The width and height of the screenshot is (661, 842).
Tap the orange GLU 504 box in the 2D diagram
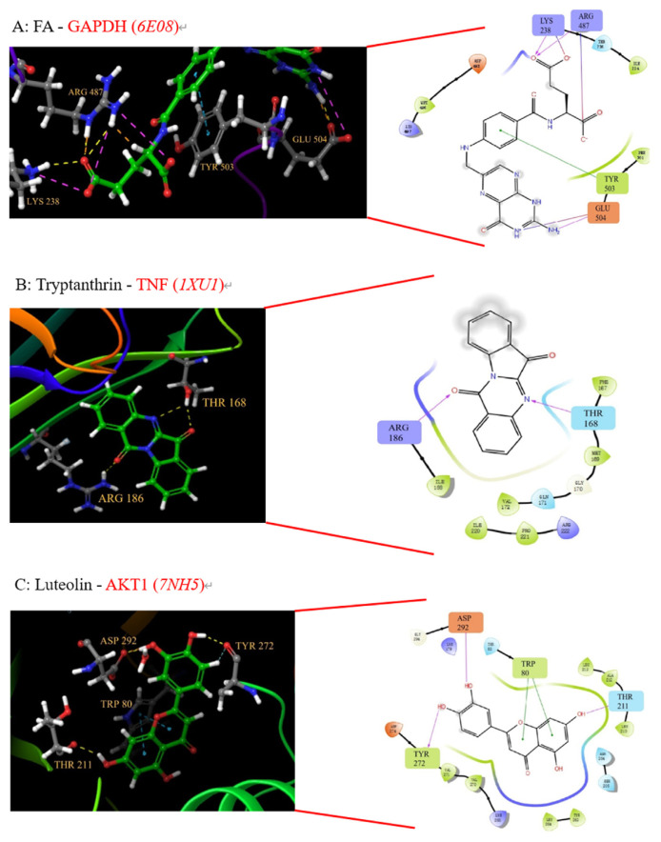pos(599,210)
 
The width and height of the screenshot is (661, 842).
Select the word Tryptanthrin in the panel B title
pos(79,283)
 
